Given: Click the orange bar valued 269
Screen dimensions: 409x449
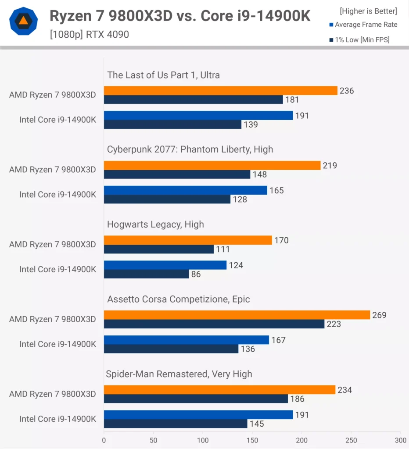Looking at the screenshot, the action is pos(237,315).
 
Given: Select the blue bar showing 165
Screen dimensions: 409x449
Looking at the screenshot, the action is pos(186,190).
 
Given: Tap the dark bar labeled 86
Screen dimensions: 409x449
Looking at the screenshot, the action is pos(147,274).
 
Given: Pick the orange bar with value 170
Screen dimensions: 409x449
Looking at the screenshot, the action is pos(188,240).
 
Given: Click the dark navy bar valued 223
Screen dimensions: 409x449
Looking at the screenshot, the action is pos(214,324).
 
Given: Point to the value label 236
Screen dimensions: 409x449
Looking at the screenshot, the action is pos(347,91).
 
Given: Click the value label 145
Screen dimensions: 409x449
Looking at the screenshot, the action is pos(257,424).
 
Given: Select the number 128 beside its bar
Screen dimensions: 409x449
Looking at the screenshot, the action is pos(240,200).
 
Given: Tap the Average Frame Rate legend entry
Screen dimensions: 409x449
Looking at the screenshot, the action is pos(363,25).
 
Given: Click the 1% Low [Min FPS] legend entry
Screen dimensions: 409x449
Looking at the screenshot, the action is pos(359,40).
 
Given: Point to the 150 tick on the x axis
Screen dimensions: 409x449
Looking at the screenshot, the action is pos(252,440).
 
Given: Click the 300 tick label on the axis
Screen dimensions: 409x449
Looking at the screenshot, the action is pos(400,440).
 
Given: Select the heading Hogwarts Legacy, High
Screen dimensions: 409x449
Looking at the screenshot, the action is pos(155,224).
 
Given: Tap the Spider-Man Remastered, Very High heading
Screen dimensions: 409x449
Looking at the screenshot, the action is pos(179,374).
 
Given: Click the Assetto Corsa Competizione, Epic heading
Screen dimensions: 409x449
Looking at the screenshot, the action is pos(179,299).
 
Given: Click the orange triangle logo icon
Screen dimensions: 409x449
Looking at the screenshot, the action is pos(24,21).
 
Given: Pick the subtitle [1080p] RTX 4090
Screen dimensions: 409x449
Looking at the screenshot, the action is pos(90,34).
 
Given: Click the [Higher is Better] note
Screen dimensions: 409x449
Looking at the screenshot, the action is pos(369,11).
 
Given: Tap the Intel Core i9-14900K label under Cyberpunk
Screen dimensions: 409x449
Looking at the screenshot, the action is pos(57,194).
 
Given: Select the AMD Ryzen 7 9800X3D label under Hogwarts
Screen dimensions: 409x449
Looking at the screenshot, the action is pos(53,244).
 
